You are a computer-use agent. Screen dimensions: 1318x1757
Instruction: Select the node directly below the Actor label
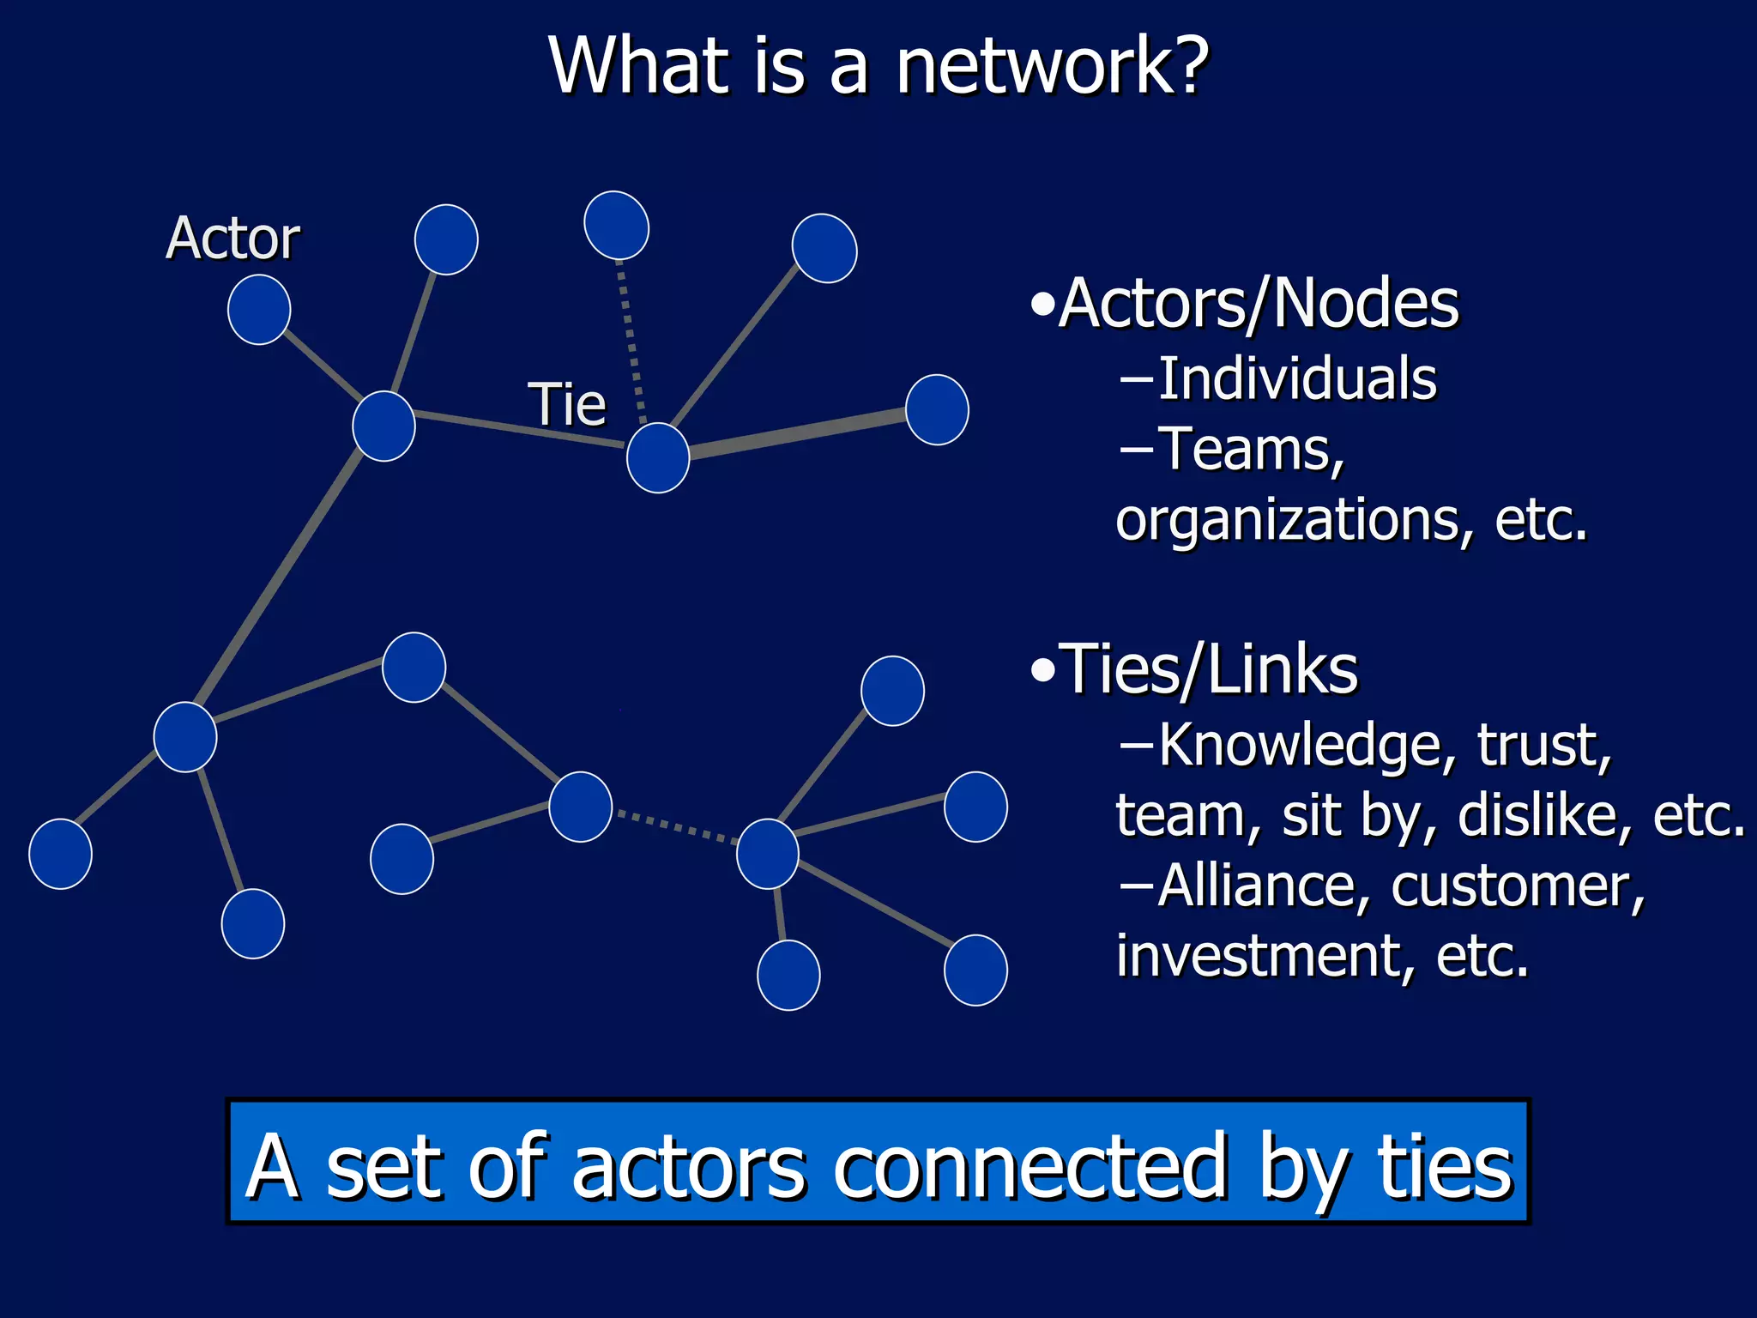259,310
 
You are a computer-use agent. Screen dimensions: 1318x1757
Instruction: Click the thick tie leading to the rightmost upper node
798,435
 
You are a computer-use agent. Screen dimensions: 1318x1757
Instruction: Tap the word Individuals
1297,378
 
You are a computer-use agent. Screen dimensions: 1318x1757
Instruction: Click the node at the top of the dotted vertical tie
616,225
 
